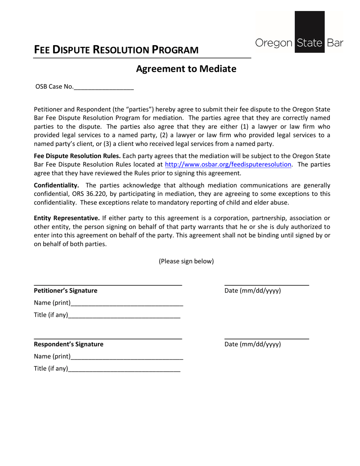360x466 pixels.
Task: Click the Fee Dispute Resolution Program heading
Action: tap(116, 50)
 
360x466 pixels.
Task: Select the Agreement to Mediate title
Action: tap(186, 69)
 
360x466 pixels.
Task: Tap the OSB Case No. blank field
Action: tap(104, 87)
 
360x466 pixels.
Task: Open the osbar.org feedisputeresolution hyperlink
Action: tap(228, 164)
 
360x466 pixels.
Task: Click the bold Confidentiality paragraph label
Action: tap(56, 185)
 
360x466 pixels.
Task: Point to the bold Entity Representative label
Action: tap(67, 218)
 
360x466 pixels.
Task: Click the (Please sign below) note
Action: tap(186, 261)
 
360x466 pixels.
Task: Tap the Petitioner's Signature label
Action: tap(66, 291)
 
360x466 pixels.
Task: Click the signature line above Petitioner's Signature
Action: tap(108, 285)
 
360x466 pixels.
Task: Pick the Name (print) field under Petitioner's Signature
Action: tap(127, 303)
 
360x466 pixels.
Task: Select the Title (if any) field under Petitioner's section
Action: tap(124, 315)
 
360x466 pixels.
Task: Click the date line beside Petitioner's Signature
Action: tap(267, 285)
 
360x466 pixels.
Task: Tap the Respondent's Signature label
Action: tap(69, 344)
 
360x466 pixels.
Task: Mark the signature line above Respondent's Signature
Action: tap(108, 338)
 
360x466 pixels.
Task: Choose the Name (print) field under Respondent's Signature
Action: tap(127, 357)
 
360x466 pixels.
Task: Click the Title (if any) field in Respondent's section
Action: tap(124, 369)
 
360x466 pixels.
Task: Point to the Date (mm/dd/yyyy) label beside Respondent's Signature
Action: tap(253, 344)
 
